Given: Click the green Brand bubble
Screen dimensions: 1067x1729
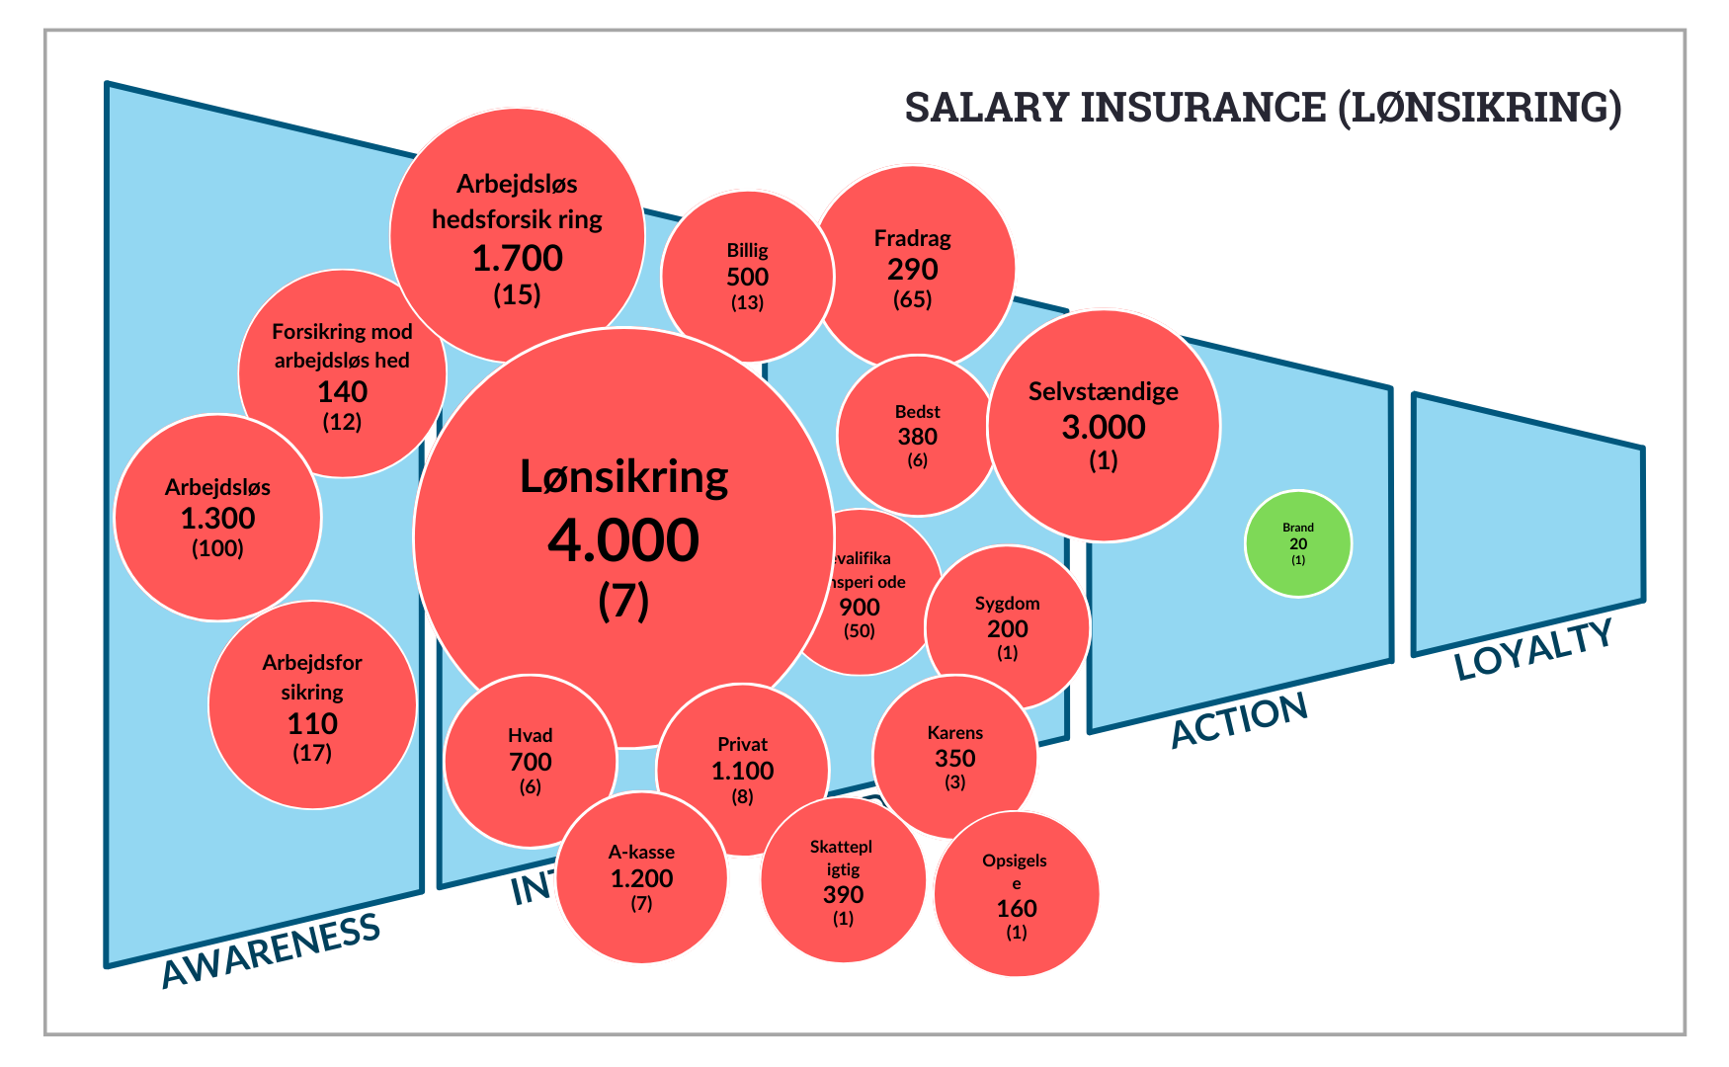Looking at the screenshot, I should point(1297,543).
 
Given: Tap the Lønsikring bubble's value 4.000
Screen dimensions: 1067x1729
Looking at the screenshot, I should point(623,540).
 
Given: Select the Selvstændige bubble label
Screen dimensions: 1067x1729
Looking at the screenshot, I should point(1103,391).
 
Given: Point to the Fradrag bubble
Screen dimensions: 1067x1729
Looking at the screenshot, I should point(912,267).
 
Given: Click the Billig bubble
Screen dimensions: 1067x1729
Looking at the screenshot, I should point(747,276).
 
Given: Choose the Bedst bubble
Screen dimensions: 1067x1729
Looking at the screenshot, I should point(917,436).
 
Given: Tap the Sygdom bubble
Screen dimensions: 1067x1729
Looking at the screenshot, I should point(1007,627).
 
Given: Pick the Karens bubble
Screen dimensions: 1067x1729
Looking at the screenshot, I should point(954,757).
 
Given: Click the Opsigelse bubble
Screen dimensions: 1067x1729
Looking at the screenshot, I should point(1016,893).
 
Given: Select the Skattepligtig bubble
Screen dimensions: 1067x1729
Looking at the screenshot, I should point(843,881).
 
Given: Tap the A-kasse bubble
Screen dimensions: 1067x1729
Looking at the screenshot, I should point(641,877).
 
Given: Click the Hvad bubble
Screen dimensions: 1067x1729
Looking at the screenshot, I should point(531,761).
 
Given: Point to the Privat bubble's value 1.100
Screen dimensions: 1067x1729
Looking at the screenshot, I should point(743,771).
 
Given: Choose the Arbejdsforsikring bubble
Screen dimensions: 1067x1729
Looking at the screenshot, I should point(312,705).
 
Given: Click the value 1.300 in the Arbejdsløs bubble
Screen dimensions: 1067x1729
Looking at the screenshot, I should point(217,518).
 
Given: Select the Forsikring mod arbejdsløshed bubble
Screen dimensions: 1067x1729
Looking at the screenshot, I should point(342,373).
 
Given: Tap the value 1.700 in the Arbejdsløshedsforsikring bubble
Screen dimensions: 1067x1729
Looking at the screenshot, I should point(517,258).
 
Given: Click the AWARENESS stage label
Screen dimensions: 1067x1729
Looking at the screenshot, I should point(271,948).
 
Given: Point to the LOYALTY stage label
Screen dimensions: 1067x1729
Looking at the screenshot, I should point(1533,649).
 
